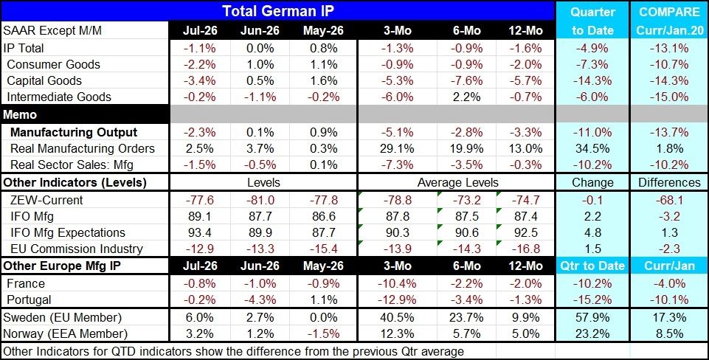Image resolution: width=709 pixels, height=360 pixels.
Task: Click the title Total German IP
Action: (277, 10)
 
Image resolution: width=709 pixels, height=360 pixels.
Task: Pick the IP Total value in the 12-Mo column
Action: (525, 48)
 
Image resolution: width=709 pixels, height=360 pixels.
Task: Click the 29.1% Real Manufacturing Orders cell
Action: (398, 148)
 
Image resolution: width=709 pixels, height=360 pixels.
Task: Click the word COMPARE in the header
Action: (670, 13)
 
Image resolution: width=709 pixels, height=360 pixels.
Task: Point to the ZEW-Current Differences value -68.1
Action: (670, 200)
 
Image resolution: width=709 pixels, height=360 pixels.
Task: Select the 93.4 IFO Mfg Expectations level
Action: (200, 232)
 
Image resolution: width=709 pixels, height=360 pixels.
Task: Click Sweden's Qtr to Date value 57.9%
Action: (592, 316)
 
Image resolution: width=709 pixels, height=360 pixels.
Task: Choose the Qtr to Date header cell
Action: (592, 266)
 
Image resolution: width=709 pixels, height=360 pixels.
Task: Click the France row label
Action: (26, 283)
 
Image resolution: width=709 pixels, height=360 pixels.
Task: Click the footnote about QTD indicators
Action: (233, 351)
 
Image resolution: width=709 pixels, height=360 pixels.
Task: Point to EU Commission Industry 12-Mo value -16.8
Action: (525, 249)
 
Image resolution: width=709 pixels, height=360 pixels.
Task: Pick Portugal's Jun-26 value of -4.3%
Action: (257, 300)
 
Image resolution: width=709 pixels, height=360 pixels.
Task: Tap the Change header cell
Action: (592, 183)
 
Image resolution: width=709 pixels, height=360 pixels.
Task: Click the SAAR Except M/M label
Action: (52, 31)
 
